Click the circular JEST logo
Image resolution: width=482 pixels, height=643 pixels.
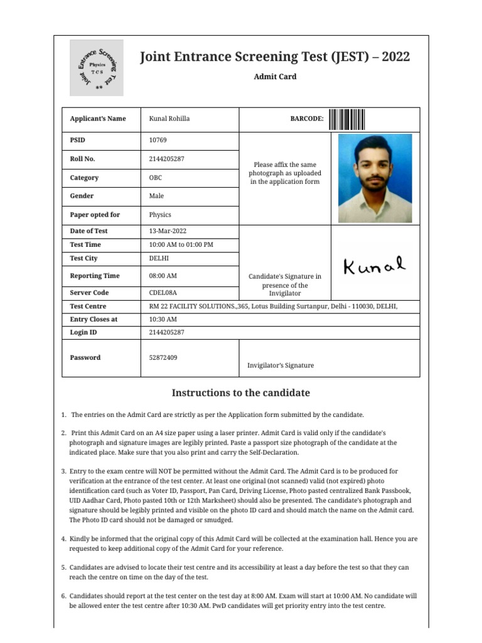coord(96,68)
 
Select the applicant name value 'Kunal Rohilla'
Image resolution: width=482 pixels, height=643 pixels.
coord(169,119)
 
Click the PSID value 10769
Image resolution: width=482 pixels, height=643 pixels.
coord(158,140)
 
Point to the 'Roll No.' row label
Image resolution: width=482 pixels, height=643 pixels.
coord(83,159)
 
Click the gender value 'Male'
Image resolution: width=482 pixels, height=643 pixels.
coord(156,196)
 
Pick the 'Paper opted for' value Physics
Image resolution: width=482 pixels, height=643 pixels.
coord(160,215)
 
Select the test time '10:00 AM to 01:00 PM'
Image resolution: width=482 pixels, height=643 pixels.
coord(181,244)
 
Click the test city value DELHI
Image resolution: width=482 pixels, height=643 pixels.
coord(159,258)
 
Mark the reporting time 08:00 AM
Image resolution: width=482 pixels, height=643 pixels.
coord(163,276)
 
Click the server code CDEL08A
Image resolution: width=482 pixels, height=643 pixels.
coord(163,293)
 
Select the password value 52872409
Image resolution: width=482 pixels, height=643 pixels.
coord(163,357)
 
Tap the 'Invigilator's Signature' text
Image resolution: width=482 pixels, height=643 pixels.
coord(281,365)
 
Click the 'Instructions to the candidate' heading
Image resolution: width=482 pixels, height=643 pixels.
coord(241,393)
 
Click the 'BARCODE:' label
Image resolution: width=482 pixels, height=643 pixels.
coord(306,119)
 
